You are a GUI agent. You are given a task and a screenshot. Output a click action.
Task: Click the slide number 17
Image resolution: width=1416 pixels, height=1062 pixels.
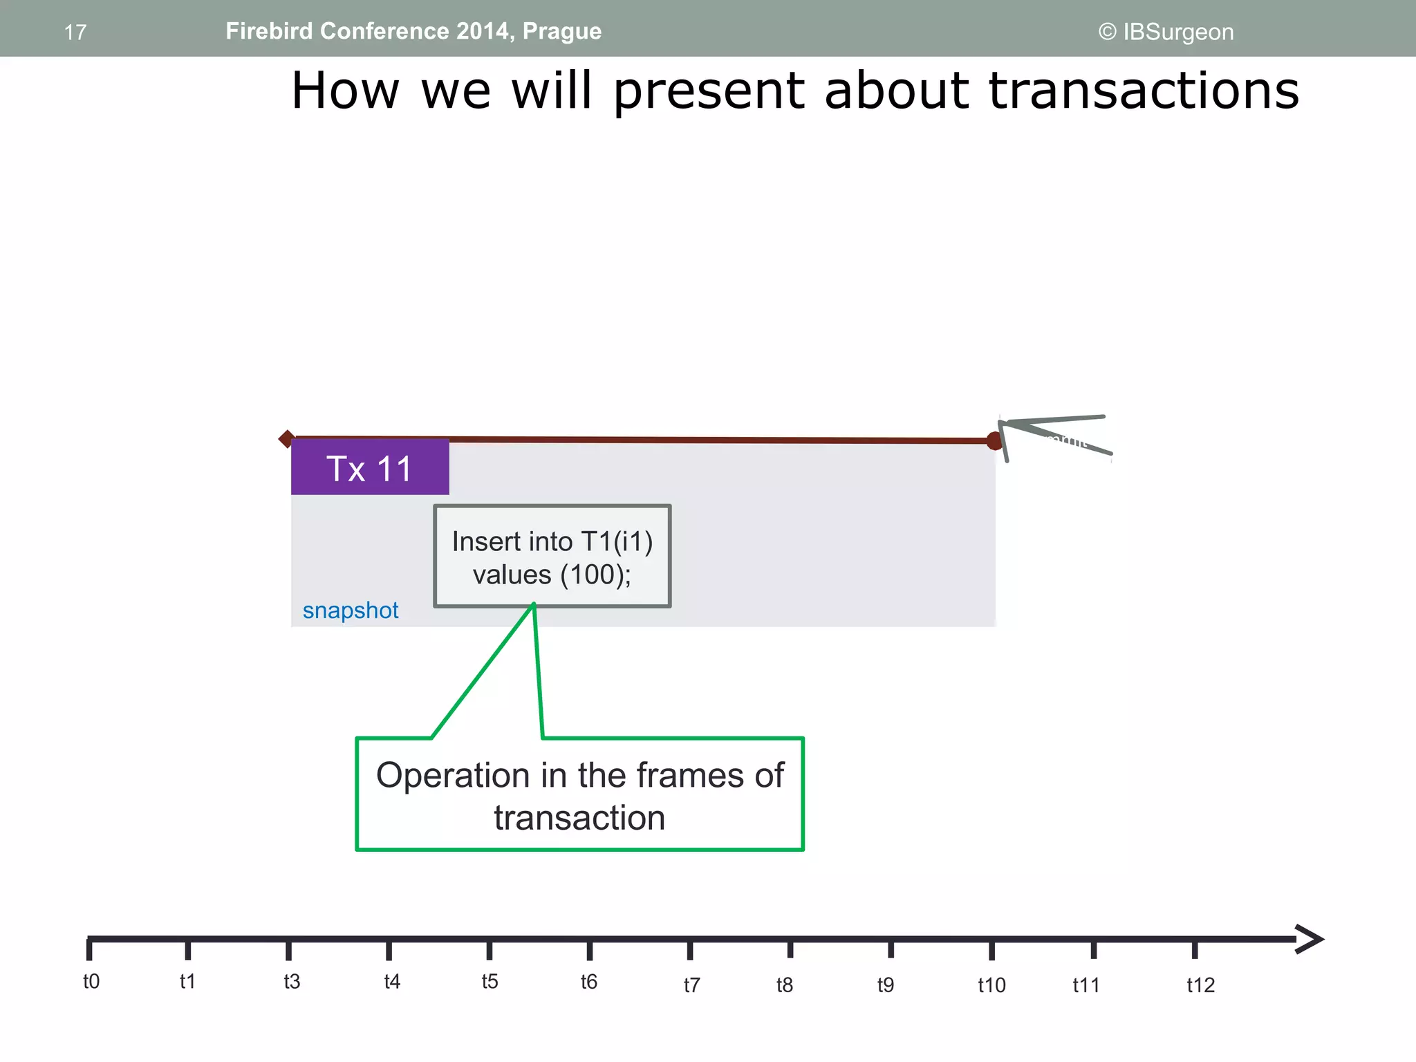tap(75, 32)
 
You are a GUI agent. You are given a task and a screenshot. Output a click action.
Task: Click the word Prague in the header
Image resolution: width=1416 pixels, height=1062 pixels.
tap(561, 32)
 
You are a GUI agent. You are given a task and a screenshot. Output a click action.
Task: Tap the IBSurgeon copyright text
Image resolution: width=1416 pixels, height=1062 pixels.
tap(1166, 32)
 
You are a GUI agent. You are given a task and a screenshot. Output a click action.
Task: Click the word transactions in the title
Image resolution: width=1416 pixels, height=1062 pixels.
tap(1144, 91)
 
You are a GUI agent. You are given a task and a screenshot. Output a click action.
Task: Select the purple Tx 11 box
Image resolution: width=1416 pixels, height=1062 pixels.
tap(369, 468)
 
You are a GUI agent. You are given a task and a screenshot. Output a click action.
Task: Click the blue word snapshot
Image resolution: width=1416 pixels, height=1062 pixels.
tap(351, 611)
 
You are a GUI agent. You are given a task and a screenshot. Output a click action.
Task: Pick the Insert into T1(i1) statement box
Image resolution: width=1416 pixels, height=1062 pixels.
tap(552, 557)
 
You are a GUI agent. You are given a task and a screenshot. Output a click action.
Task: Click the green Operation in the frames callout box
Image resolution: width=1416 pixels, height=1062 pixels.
tap(579, 794)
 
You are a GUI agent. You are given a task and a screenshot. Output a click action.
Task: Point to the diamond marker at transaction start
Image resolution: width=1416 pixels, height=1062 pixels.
tap(286, 438)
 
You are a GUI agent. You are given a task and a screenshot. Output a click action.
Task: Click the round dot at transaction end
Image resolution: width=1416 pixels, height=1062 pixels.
tap(994, 440)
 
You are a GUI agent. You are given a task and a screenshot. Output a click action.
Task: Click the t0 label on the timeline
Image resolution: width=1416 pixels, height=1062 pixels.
tap(91, 981)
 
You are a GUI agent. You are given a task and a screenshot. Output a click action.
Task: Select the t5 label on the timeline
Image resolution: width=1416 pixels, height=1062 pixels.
tap(490, 981)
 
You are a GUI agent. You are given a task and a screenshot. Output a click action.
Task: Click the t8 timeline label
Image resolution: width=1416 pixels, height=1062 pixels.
tap(784, 985)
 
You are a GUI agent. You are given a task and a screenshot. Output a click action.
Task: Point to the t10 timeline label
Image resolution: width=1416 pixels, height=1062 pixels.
tap(991, 985)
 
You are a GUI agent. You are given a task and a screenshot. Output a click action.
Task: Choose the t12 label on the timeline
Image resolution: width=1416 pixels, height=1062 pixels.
tap(1200, 985)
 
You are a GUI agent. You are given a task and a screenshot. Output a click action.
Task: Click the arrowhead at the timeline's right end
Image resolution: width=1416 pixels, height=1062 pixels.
tap(1309, 939)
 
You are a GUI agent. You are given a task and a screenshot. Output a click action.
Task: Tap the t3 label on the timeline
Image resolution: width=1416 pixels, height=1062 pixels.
tap(292, 981)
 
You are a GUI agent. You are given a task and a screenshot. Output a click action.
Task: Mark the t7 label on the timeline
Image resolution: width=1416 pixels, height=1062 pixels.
tap(691, 985)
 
